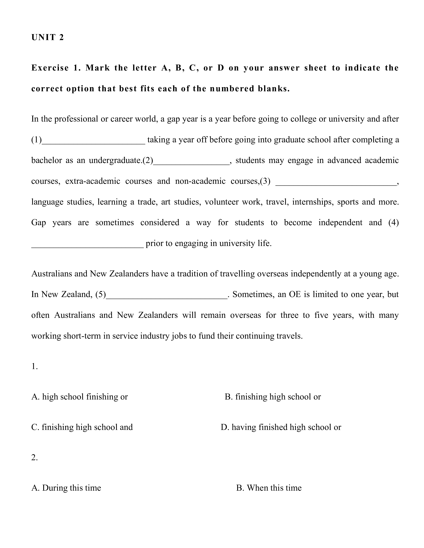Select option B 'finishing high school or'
[273, 397]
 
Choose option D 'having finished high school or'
[281, 427]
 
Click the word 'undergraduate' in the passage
[115, 160]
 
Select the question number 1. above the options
[35, 367]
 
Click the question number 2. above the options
[35, 457]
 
